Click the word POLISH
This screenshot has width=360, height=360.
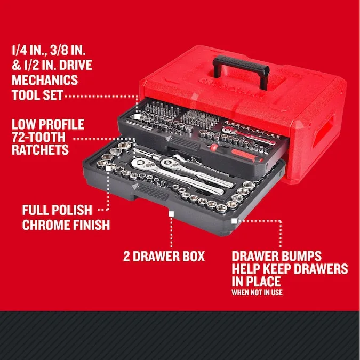click(78, 210)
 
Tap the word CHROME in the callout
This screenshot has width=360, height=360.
click(45, 225)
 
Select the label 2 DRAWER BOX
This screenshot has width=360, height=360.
click(164, 256)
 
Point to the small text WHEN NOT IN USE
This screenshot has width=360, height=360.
click(257, 292)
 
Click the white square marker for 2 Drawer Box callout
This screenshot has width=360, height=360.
click(171, 213)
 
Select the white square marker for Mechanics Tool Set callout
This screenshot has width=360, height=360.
click(138, 115)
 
